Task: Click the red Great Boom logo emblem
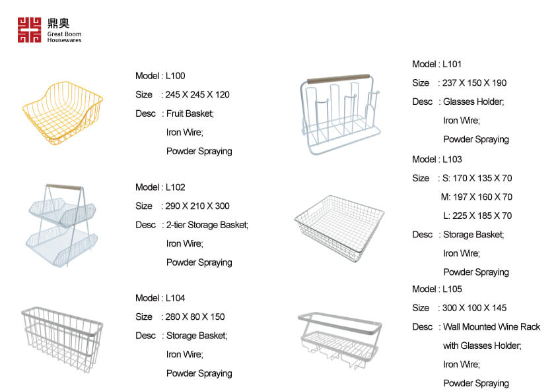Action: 30,30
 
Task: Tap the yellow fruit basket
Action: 63,113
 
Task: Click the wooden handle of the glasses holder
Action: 338,78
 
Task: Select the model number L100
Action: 175,76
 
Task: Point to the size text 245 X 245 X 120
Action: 197,94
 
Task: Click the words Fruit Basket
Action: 190,113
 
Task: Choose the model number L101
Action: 452,64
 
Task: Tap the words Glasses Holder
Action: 473,102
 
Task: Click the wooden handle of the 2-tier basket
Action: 64,187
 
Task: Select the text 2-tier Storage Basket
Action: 207,225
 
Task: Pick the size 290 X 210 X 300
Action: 197,206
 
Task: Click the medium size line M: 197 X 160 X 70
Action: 477,197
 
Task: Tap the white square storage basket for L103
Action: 339,228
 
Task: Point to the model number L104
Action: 175,298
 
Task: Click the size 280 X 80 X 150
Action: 195,316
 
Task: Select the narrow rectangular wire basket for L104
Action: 62,340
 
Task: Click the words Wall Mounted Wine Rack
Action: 491,326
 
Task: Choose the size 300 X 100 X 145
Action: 474,308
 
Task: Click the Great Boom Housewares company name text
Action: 64,37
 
